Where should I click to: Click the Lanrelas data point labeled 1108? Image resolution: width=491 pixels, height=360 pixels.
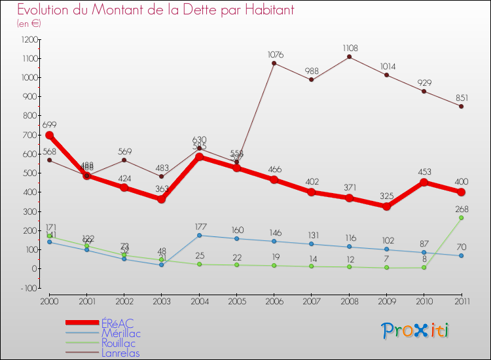click(x=349, y=57)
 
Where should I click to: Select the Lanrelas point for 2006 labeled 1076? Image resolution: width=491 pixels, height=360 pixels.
click(x=274, y=63)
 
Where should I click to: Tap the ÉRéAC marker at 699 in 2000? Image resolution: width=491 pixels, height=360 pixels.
click(x=49, y=135)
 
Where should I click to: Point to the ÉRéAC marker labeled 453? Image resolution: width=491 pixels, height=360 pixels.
click(x=424, y=182)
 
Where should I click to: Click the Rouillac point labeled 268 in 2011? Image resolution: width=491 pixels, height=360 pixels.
click(x=462, y=217)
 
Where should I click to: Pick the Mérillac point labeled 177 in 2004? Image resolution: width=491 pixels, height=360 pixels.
click(x=199, y=235)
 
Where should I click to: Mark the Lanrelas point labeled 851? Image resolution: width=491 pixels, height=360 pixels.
click(x=462, y=106)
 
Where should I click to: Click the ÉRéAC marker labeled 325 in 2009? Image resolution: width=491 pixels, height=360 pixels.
click(x=387, y=206)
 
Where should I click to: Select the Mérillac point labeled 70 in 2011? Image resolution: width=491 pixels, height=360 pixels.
click(x=462, y=255)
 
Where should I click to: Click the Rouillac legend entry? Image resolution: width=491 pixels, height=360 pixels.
click(x=118, y=343)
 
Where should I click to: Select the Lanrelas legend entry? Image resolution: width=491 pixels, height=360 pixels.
click(x=120, y=353)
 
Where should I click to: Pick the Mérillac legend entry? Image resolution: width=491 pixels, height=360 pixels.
click(x=120, y=333)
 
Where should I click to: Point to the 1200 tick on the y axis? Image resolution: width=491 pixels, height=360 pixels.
click(x=30, y=39)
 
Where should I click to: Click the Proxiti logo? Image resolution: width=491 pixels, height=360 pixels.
click(x=416, y=331)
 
